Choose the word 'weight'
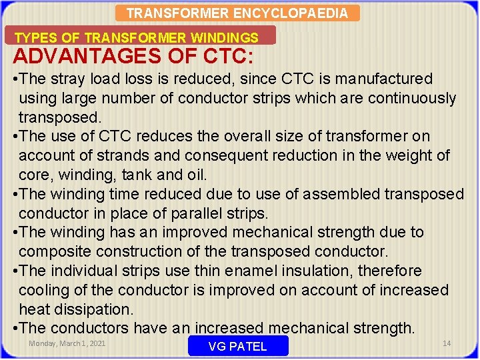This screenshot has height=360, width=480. point(409,156)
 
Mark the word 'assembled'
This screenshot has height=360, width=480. point(340,195)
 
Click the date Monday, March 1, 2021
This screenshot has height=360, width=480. point(67,343)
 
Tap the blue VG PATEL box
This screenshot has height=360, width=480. point(238,346)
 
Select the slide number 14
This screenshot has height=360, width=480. point(447,343)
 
